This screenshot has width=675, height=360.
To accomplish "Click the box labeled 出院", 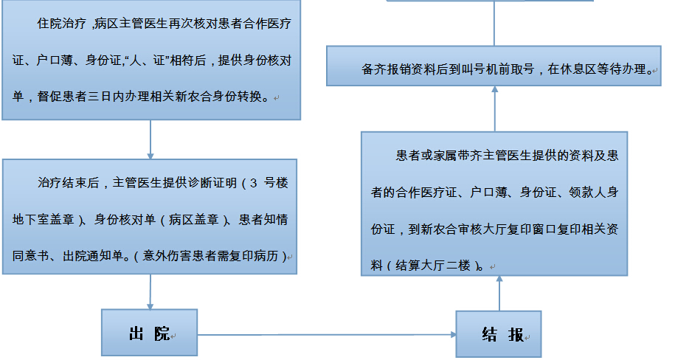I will click(x=149, y=334).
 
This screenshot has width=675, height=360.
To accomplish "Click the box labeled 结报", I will click(x=498, y=334).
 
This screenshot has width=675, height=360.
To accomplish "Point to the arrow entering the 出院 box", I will click(x=150, y=291).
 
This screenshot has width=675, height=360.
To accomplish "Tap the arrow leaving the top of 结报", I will click(x=499, y=293).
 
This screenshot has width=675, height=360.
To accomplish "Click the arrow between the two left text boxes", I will click(x=150, y=139).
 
